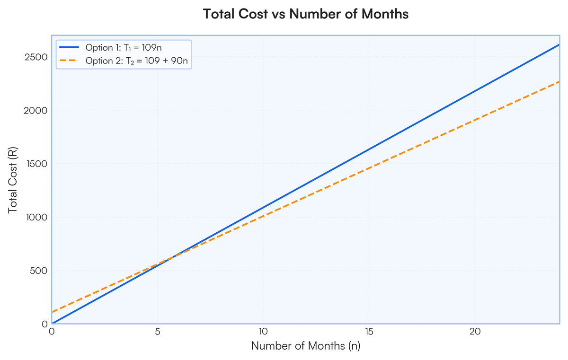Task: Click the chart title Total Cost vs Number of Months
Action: (305, 14)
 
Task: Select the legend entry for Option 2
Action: (138, 61)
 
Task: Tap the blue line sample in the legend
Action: (70, 48)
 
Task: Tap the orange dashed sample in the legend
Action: (70, 61)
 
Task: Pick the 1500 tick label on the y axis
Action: (37, 164)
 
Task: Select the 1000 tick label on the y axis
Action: (37, 218)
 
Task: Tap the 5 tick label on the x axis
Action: (158, 332)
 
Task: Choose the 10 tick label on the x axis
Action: (263, 332)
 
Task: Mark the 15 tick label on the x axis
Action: (369, 332)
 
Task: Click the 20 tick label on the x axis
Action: (475, 332)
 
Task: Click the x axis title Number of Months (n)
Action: (305, 346)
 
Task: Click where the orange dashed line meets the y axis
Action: (52, 312)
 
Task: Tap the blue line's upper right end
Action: (559, 44)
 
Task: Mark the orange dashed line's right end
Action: (559, 81)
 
